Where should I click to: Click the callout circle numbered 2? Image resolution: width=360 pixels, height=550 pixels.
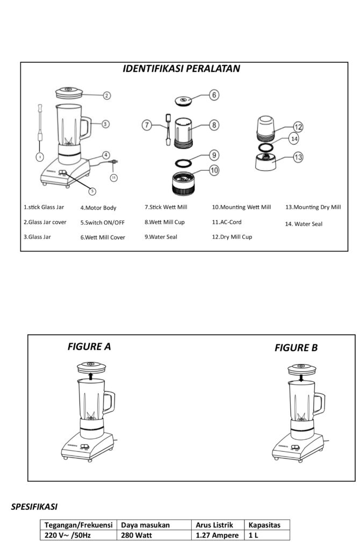click(x=107, y=96)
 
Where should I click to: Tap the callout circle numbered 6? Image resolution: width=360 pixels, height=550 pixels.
click(x=214, y=95)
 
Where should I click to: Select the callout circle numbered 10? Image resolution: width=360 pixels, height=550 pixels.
click(x=214, y=170)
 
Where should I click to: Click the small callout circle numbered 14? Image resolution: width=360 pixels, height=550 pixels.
click(x=294, y=139)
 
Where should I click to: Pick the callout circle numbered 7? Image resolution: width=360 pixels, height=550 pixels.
click(x=147, y=125)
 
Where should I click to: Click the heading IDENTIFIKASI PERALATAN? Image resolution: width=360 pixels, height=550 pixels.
click(x=181, y=69)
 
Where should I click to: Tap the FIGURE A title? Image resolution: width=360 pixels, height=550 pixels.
click(x=89, y=346)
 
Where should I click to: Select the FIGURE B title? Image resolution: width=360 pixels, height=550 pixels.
click(x=296, y=348)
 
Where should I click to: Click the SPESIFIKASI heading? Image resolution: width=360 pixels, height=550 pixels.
click(x=34, y=506)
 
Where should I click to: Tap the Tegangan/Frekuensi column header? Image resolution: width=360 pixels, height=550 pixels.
click(x=78, y=525)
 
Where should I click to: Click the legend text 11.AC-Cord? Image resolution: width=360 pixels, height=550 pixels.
click(x=227, y=222)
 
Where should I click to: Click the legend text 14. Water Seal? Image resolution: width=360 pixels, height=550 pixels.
click(x=304, y=224)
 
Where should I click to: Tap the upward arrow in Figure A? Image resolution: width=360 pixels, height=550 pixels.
click(x=91, y=377)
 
